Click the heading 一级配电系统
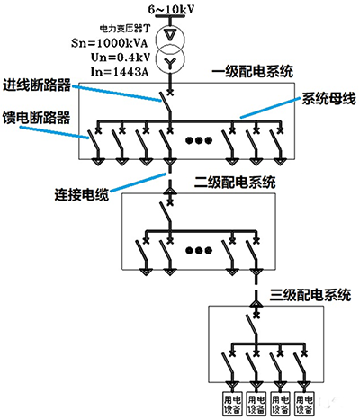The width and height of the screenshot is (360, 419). click(253, 72)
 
